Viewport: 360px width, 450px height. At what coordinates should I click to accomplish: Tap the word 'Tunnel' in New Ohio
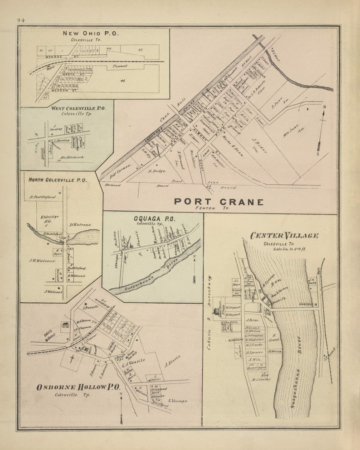[120, 66]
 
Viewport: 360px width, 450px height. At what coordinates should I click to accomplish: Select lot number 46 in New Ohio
[122, 81]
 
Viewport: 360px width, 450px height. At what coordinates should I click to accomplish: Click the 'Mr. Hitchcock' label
[67, 159]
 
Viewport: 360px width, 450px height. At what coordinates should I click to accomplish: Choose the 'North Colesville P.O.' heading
[58, 180]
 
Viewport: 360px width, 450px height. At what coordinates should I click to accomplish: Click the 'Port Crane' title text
[219, 202]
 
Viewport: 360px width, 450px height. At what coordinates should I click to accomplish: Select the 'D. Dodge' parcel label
[156, 171]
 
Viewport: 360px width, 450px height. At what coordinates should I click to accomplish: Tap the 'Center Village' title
[284, 235]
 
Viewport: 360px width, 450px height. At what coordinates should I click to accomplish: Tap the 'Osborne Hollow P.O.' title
[78, 387]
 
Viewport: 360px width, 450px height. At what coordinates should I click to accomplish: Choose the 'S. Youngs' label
[178, 401]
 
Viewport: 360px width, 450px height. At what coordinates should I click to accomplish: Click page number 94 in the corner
[21, 20]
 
